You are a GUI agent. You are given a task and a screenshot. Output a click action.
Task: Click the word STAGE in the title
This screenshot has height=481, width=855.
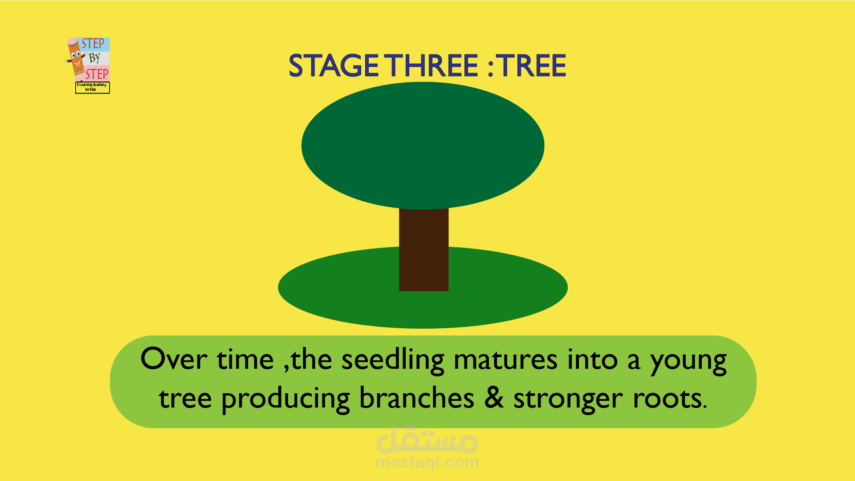pos(334,66)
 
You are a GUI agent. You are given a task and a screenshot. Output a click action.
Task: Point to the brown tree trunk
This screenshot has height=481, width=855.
pos(423,249)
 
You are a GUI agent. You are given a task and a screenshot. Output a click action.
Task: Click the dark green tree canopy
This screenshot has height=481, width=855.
pos(423,146)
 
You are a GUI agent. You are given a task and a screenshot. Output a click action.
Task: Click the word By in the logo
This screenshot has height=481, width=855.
pos(94,58)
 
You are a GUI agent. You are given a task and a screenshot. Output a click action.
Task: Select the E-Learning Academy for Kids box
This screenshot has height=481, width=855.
pos(92,87)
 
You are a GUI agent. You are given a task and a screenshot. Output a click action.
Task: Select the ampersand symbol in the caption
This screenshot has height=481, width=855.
pos(494,397)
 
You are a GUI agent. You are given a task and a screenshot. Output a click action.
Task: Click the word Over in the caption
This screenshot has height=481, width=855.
pos(174,359)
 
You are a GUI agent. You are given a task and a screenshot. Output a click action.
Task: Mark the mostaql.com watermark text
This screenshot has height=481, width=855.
pos(427,463)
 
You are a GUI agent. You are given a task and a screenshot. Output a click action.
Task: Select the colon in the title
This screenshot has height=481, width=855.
pos(490,67)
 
